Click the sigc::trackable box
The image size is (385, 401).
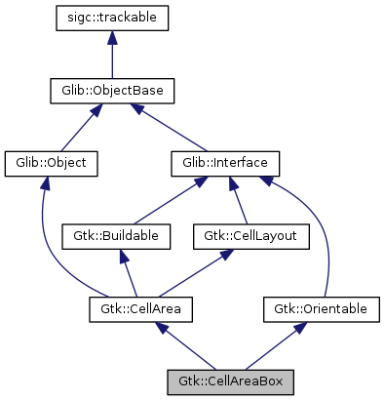point(113,18)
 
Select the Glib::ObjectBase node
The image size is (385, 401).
point(113,91)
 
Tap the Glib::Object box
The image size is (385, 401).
point(52,163)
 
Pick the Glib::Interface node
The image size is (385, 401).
point(225,163)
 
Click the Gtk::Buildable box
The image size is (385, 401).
point(117,236)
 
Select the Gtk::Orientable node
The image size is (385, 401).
point(322,309)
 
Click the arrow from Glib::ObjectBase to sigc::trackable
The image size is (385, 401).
point(113,55)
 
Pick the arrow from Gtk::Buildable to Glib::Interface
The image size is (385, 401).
point(172,199)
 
